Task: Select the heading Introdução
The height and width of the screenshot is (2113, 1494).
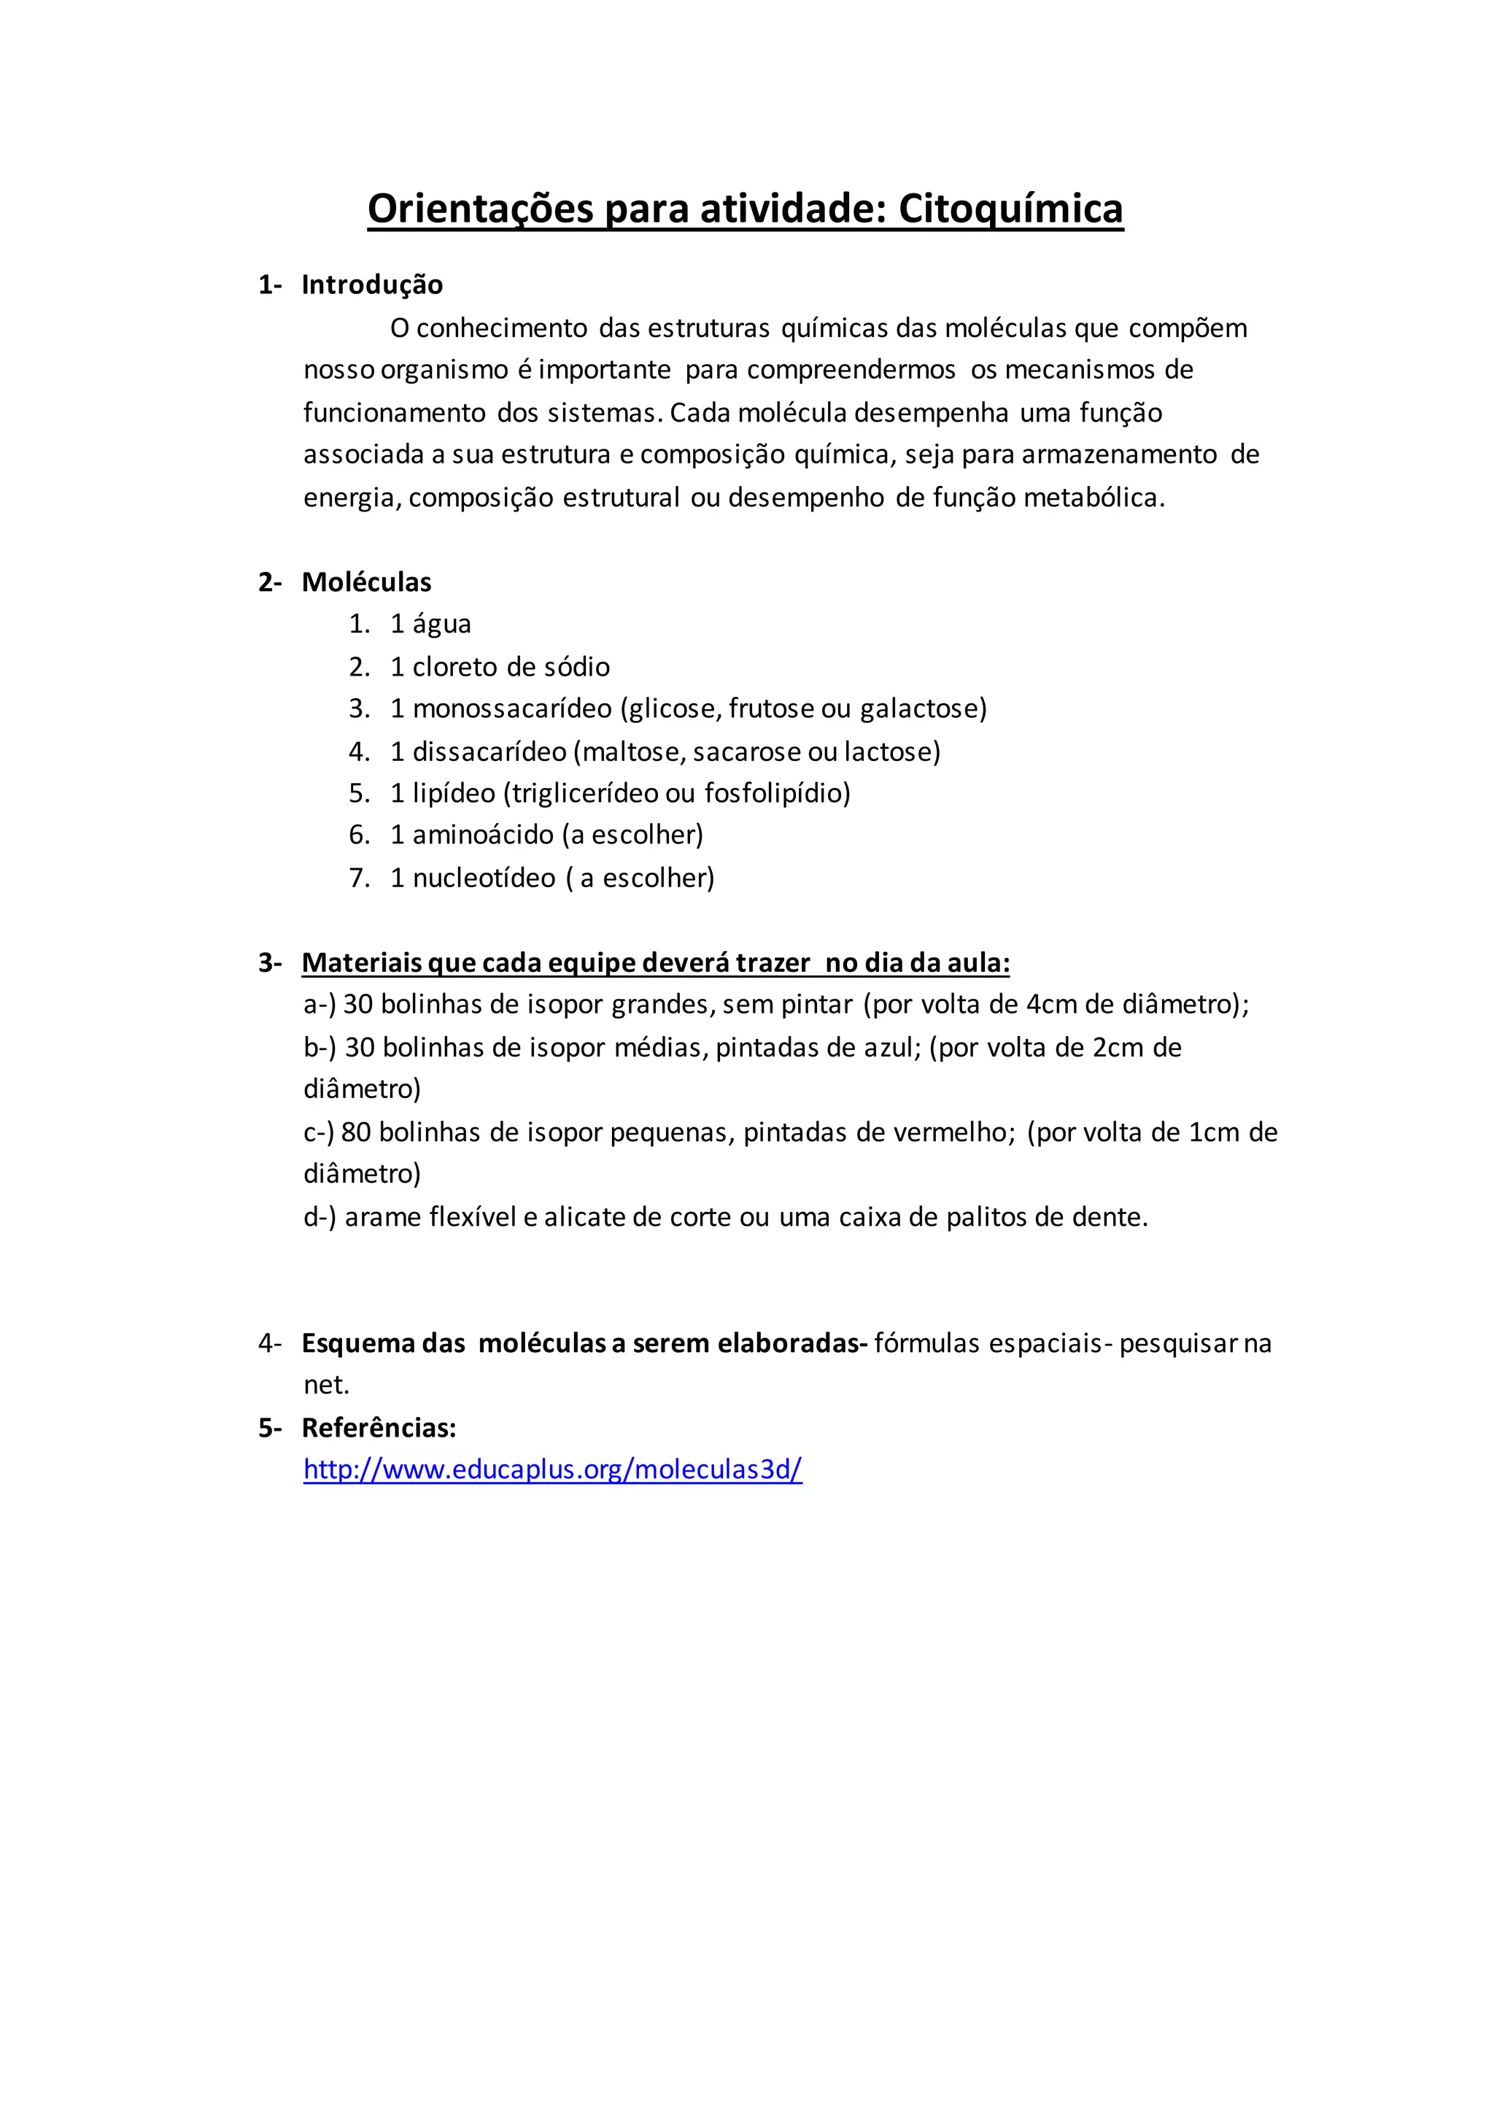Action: click(371, 285)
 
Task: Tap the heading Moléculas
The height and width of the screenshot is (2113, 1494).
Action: click(366, 582)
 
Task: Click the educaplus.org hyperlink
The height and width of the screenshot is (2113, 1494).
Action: click(552, 1469)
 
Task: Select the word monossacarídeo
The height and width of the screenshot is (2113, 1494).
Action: click(511, 708)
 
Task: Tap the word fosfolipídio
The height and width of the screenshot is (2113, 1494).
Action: click(778, 793)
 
